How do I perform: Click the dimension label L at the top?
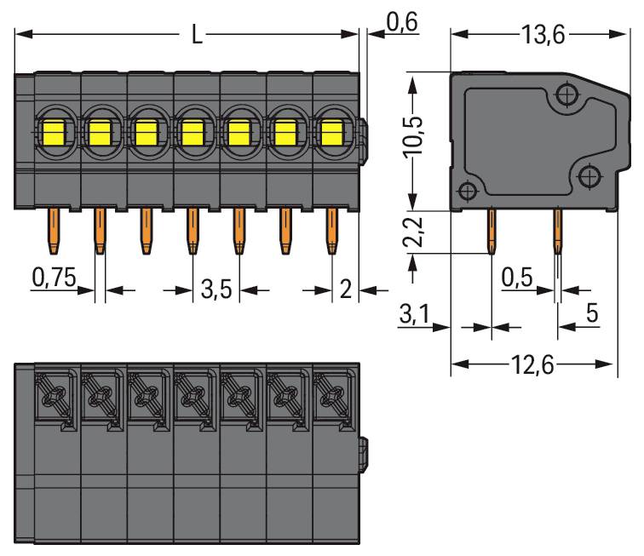pyautogui.click(x=196, y=36)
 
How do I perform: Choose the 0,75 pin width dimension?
pyautogui.click(x=53, y=277)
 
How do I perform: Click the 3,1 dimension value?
pyautogui.click(x=415, y=316)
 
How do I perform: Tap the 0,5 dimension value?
pyautogui.click(x=518, y=276)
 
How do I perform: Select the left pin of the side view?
pyautogui.click(x=492, y=231)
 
